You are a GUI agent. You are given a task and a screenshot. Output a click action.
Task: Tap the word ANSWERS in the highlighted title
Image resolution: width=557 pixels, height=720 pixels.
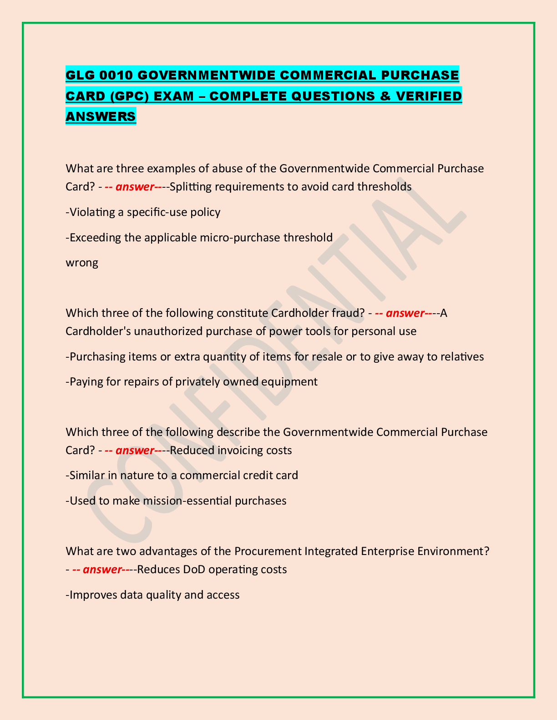tap(101, 117)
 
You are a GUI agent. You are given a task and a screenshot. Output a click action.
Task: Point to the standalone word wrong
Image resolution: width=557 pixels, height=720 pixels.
tap(82, 263)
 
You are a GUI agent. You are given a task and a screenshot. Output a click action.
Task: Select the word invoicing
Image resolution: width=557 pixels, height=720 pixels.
tap(241, 450)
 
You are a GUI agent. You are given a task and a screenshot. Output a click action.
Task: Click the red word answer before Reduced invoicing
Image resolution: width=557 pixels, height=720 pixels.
tap(134, 450)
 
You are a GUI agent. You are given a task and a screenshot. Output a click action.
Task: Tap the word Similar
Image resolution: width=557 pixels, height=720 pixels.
tap(86, 475)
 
